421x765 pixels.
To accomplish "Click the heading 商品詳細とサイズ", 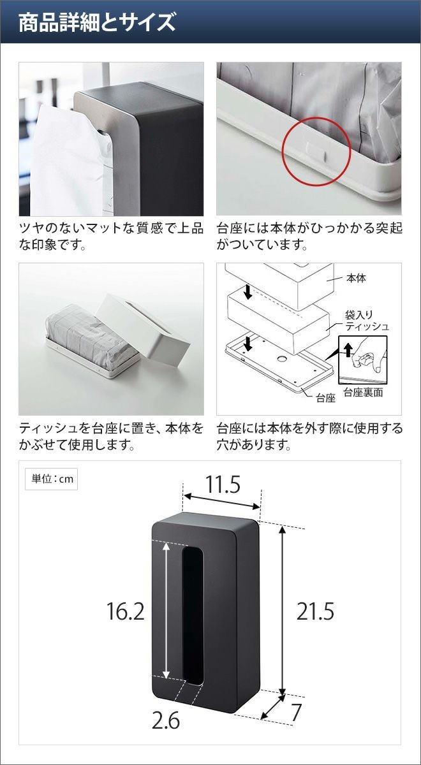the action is click(97, 22).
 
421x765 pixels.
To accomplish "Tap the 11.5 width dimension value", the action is click(223, 484).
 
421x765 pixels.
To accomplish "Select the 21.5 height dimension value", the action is click(315, 611).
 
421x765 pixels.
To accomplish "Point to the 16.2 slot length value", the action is click(126, 611).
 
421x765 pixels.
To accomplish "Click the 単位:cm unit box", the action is click(51, 479).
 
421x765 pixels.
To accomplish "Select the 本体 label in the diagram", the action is click(356, 279).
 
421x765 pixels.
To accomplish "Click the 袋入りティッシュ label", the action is click(367, 320).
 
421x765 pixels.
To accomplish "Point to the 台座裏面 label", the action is click(363, 393).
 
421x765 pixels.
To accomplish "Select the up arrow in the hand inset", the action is click(348, 350).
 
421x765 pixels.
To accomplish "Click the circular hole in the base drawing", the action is click(282, 359).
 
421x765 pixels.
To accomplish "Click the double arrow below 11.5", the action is click(223, 500).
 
